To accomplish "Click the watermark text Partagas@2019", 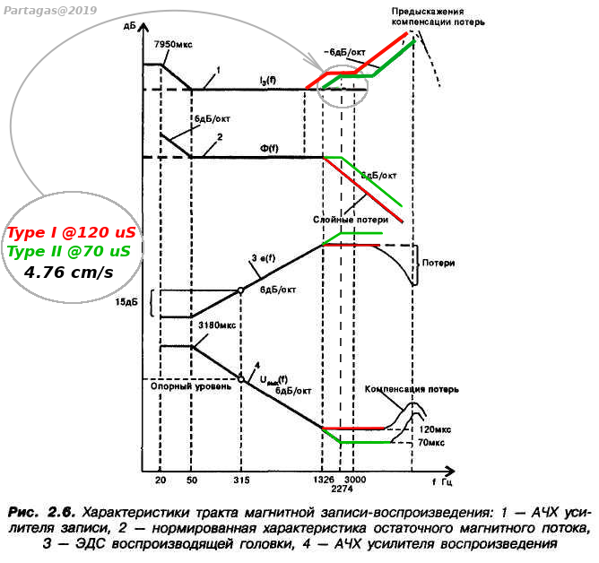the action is (x=50, y=11).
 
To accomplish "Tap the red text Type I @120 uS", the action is (x=72, y=232).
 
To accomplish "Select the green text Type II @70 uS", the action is (x=69, y=251).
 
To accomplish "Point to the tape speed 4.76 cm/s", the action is (x=69, y=273).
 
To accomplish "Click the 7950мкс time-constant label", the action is (x=173, y=44).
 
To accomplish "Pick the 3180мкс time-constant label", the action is (x=217, y=325).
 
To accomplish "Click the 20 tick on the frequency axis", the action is (x=161, y=480).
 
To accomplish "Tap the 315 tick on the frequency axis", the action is (x=241, y=480).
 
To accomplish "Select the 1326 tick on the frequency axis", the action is (x=324, y=480).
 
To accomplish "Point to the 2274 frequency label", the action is (x=342, y=489).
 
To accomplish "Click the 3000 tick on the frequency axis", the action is (x=355, y=480).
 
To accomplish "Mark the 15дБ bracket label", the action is (x=126, y=302).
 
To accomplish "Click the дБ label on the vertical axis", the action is (x=130, y=26).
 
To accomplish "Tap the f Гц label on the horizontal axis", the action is (x=442, y=481).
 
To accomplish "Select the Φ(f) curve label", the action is (x=269, y=148).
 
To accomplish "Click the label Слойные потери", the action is (x=351, y=220).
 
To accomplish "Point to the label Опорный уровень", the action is (x=191, y=386).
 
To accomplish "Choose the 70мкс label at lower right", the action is (x=431, y=443).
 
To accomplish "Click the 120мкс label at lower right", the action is (x=435, y=429).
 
